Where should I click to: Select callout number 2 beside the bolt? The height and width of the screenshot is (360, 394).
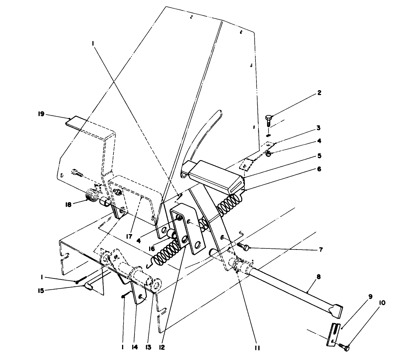point(319,93)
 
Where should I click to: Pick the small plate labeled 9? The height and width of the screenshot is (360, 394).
point(334,332)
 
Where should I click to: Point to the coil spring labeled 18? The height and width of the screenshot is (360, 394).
point(91,196)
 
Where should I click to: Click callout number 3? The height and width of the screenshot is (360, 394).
point(319,128)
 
